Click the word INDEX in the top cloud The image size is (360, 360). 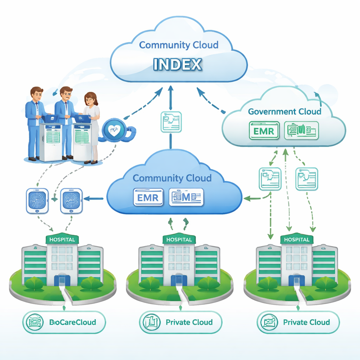tap(178, 64)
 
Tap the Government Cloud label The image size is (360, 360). tap(284, 112)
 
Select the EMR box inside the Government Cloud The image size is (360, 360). tap(264, 131)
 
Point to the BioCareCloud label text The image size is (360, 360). tap(72, 322)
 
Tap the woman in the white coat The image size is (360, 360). tap(91, 127)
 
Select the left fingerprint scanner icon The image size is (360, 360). tap(37, 201)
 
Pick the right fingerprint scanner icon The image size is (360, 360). tap(71, 201)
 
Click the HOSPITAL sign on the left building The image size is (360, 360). tap(62, 239)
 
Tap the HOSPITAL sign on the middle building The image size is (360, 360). tap(179, 239)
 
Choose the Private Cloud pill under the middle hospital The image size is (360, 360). tap(181, 322)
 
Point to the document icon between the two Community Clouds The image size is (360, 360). tap(171, 122)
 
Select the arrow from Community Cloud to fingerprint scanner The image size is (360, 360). tap(94, 199)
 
